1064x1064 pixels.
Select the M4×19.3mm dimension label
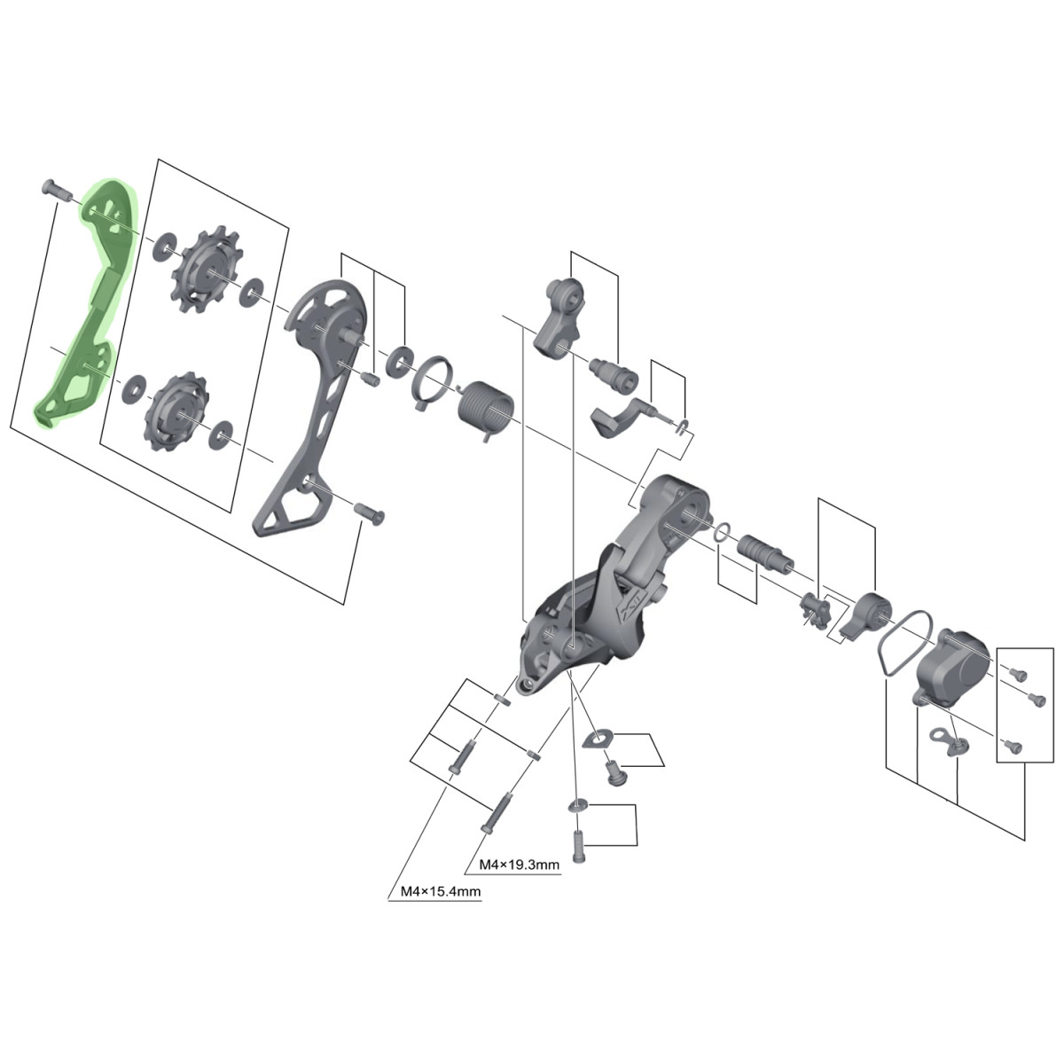coord(519,864)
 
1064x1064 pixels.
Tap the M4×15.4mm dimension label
coord(440,890)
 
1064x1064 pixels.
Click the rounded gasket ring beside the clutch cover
coord(905,642)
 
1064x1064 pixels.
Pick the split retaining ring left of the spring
coord(433,381)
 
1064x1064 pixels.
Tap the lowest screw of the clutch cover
coord(1013,747)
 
